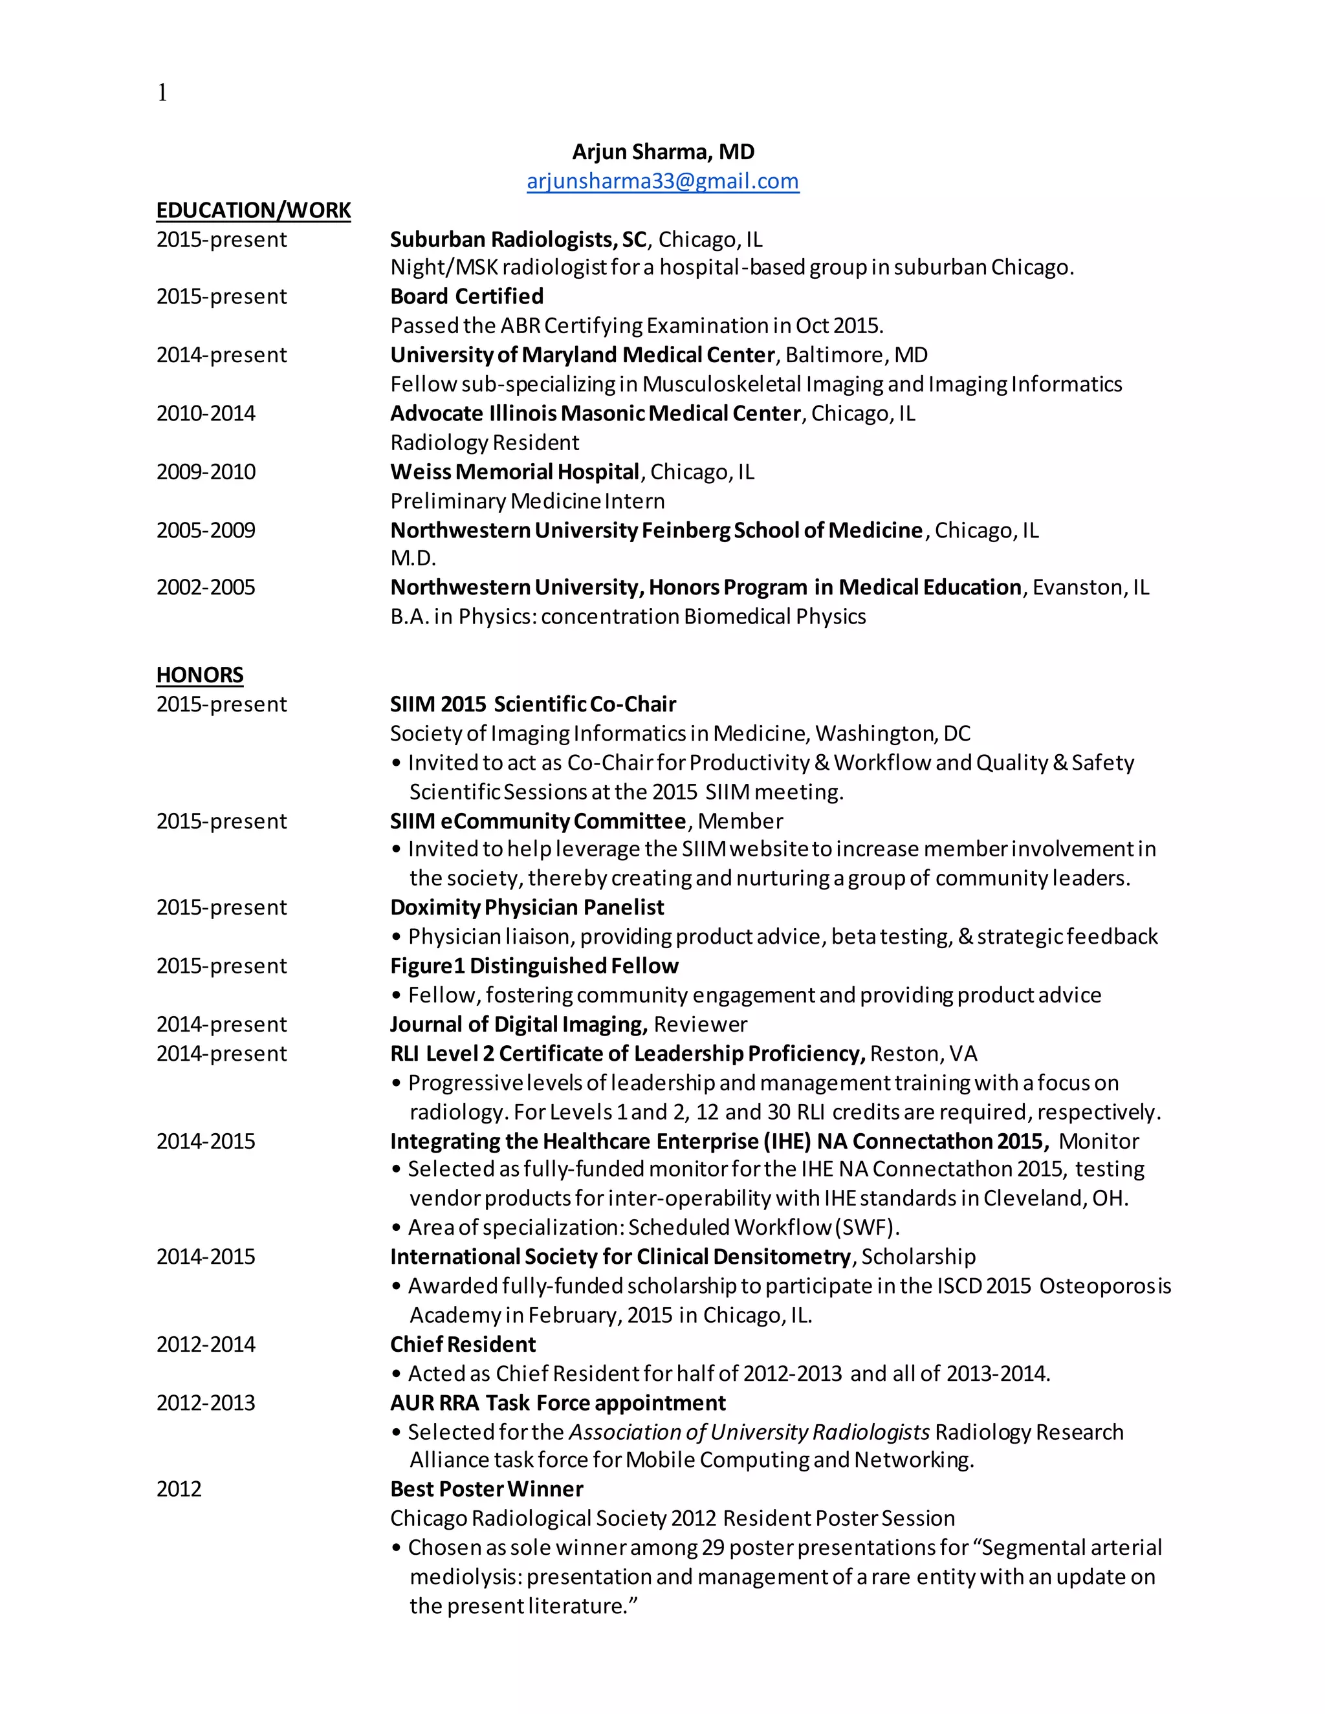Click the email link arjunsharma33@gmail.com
click(662, 181)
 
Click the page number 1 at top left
click(162, 93)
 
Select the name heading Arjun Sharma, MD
click(662, 151)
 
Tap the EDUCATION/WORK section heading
click(254, 210)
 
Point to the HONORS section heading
click(199, 675)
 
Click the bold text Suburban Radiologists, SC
click(518, 239)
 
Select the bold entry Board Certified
click(466, 297)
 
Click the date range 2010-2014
click(206, 413)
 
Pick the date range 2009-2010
click(206, 472)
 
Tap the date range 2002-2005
click(206, 588)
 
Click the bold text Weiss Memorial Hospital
click(515, 472)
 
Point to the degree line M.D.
click(413, 558)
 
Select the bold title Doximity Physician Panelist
click(527, 907)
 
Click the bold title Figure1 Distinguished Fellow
click(534, 966)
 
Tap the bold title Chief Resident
click(463, 1345)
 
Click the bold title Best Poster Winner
click(487, 1489)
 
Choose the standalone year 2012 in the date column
click(179, 1489)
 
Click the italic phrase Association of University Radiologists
click(749, 1432)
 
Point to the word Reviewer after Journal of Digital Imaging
click(700, 1024)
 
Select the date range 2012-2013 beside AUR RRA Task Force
click(206, 1404)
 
